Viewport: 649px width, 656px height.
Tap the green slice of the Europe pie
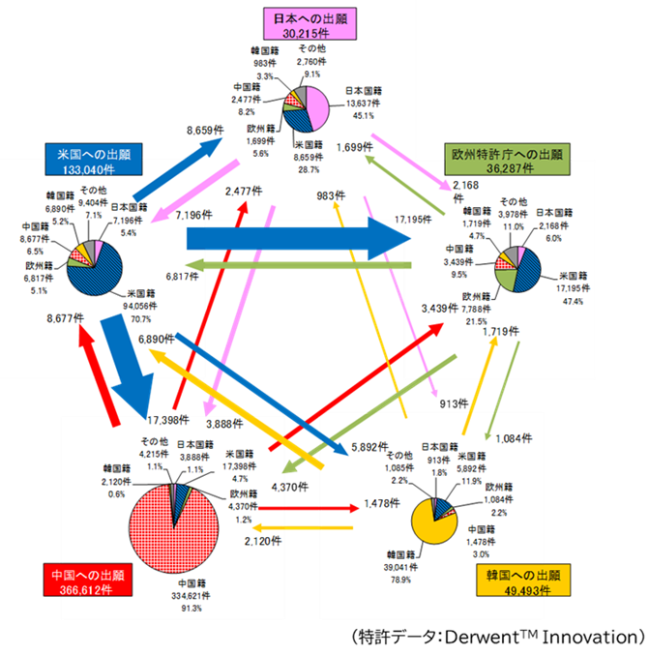click(x=504, y=280)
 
